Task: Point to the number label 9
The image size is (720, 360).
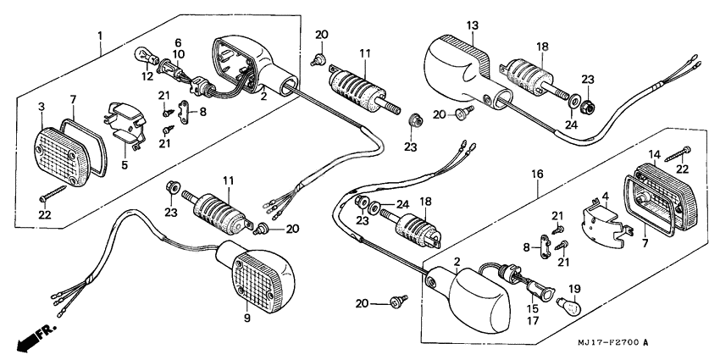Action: (247, 318)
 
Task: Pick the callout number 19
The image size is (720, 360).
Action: (573, 288)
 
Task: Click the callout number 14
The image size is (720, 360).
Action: (653, 154)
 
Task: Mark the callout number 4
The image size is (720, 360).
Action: (605, 197)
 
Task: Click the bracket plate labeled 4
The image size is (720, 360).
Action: (602, 222)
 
